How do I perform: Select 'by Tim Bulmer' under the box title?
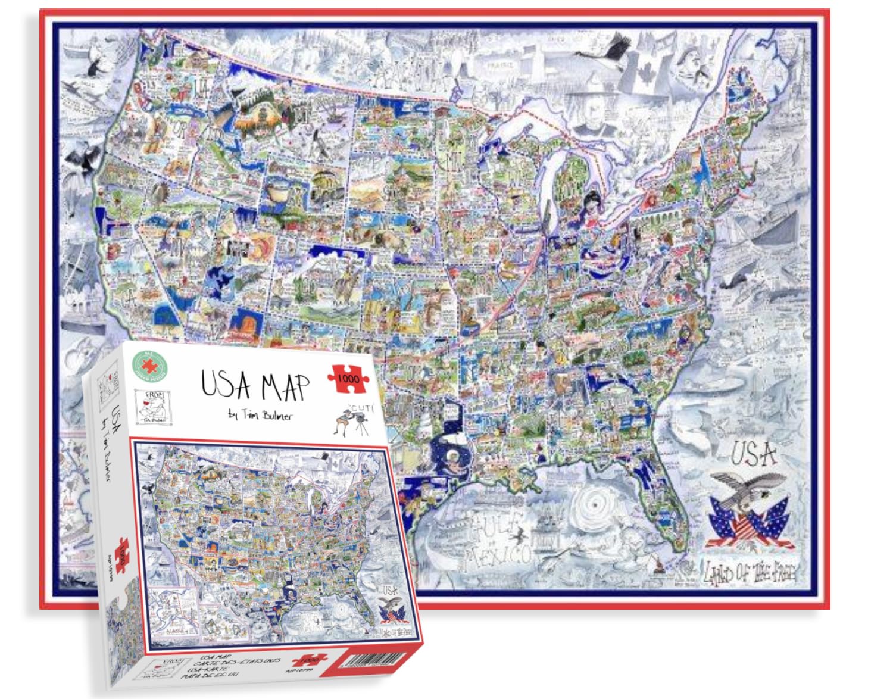pyautogui.click(x=260, y=415)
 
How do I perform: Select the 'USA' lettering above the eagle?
pyautogui.click(x=753, y=454)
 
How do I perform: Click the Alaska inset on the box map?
pyautogui.click(x=173, y=607)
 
